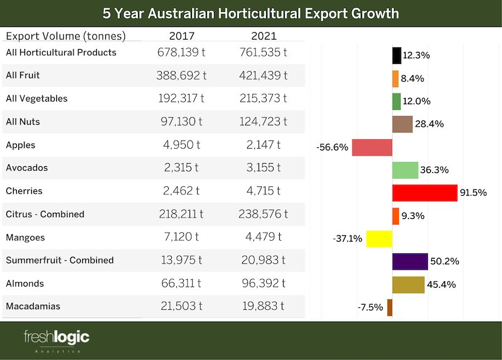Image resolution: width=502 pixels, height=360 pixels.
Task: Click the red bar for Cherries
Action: [424, 193]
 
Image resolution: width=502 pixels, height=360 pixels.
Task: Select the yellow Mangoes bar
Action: [379, 239]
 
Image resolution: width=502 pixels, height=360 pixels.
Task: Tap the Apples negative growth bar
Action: [372, 147]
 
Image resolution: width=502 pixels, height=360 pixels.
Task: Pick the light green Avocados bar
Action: [405, 170]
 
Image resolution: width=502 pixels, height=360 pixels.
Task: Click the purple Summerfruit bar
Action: [410, 262]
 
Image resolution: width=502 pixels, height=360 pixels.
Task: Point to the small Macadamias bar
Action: [390, 307]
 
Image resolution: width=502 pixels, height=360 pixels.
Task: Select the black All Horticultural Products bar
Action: [397, 55]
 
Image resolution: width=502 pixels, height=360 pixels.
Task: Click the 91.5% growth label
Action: [473, 193]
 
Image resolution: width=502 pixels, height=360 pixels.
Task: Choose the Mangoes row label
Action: [25, 238]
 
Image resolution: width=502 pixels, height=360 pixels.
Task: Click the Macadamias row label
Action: [34, 307]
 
